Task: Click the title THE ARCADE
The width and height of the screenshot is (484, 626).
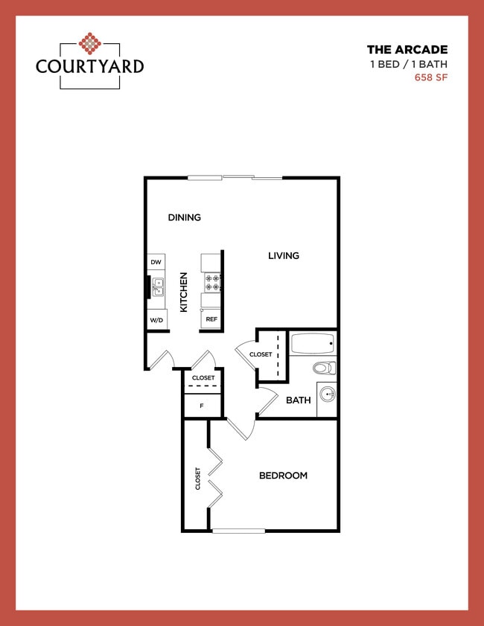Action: pyautogui.click(x=407, y=50)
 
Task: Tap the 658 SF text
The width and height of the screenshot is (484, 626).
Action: pyautogui.click(x=431, y=77)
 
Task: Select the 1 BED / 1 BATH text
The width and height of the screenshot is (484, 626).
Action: pyautogui.click(x=409, y=64)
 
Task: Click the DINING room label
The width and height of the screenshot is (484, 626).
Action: pyautogui.click(x=184, y=217)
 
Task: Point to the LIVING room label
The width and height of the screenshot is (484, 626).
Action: pyautogui.click(x=284, y=255)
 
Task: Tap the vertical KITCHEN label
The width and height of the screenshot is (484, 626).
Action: pyautogui.click(x=184, y=292)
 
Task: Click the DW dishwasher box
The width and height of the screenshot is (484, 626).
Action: pyautogui.click(x=156, y=263)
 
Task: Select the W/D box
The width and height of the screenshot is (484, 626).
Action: pyautogui.click(x=156, y=320)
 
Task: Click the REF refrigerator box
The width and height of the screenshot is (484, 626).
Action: pyautogui.click(x=211, y=319)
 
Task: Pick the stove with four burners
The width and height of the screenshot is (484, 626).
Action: pyautogui.click(x=211, y=282)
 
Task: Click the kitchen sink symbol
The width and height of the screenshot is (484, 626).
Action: pyautogui.click(x=158, y=286)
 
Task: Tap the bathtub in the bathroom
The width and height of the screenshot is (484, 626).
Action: pyautogui.click(x=313, y=344)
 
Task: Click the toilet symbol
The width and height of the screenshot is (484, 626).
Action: pyautogui.click(x=324, y=368)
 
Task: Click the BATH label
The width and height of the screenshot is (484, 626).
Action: pyautogui.click(x=299, y=400)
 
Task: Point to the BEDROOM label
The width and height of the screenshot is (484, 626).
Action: pyautogui.click(x=283, y=476)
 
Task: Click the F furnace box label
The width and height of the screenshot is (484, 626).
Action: pyautogui.click(x=202, y=406)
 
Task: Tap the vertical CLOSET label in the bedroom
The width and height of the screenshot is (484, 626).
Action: pyautogui.click(x=197, y=478)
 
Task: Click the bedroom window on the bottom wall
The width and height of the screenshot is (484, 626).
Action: pyautogui.click(x=238, y=531)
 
